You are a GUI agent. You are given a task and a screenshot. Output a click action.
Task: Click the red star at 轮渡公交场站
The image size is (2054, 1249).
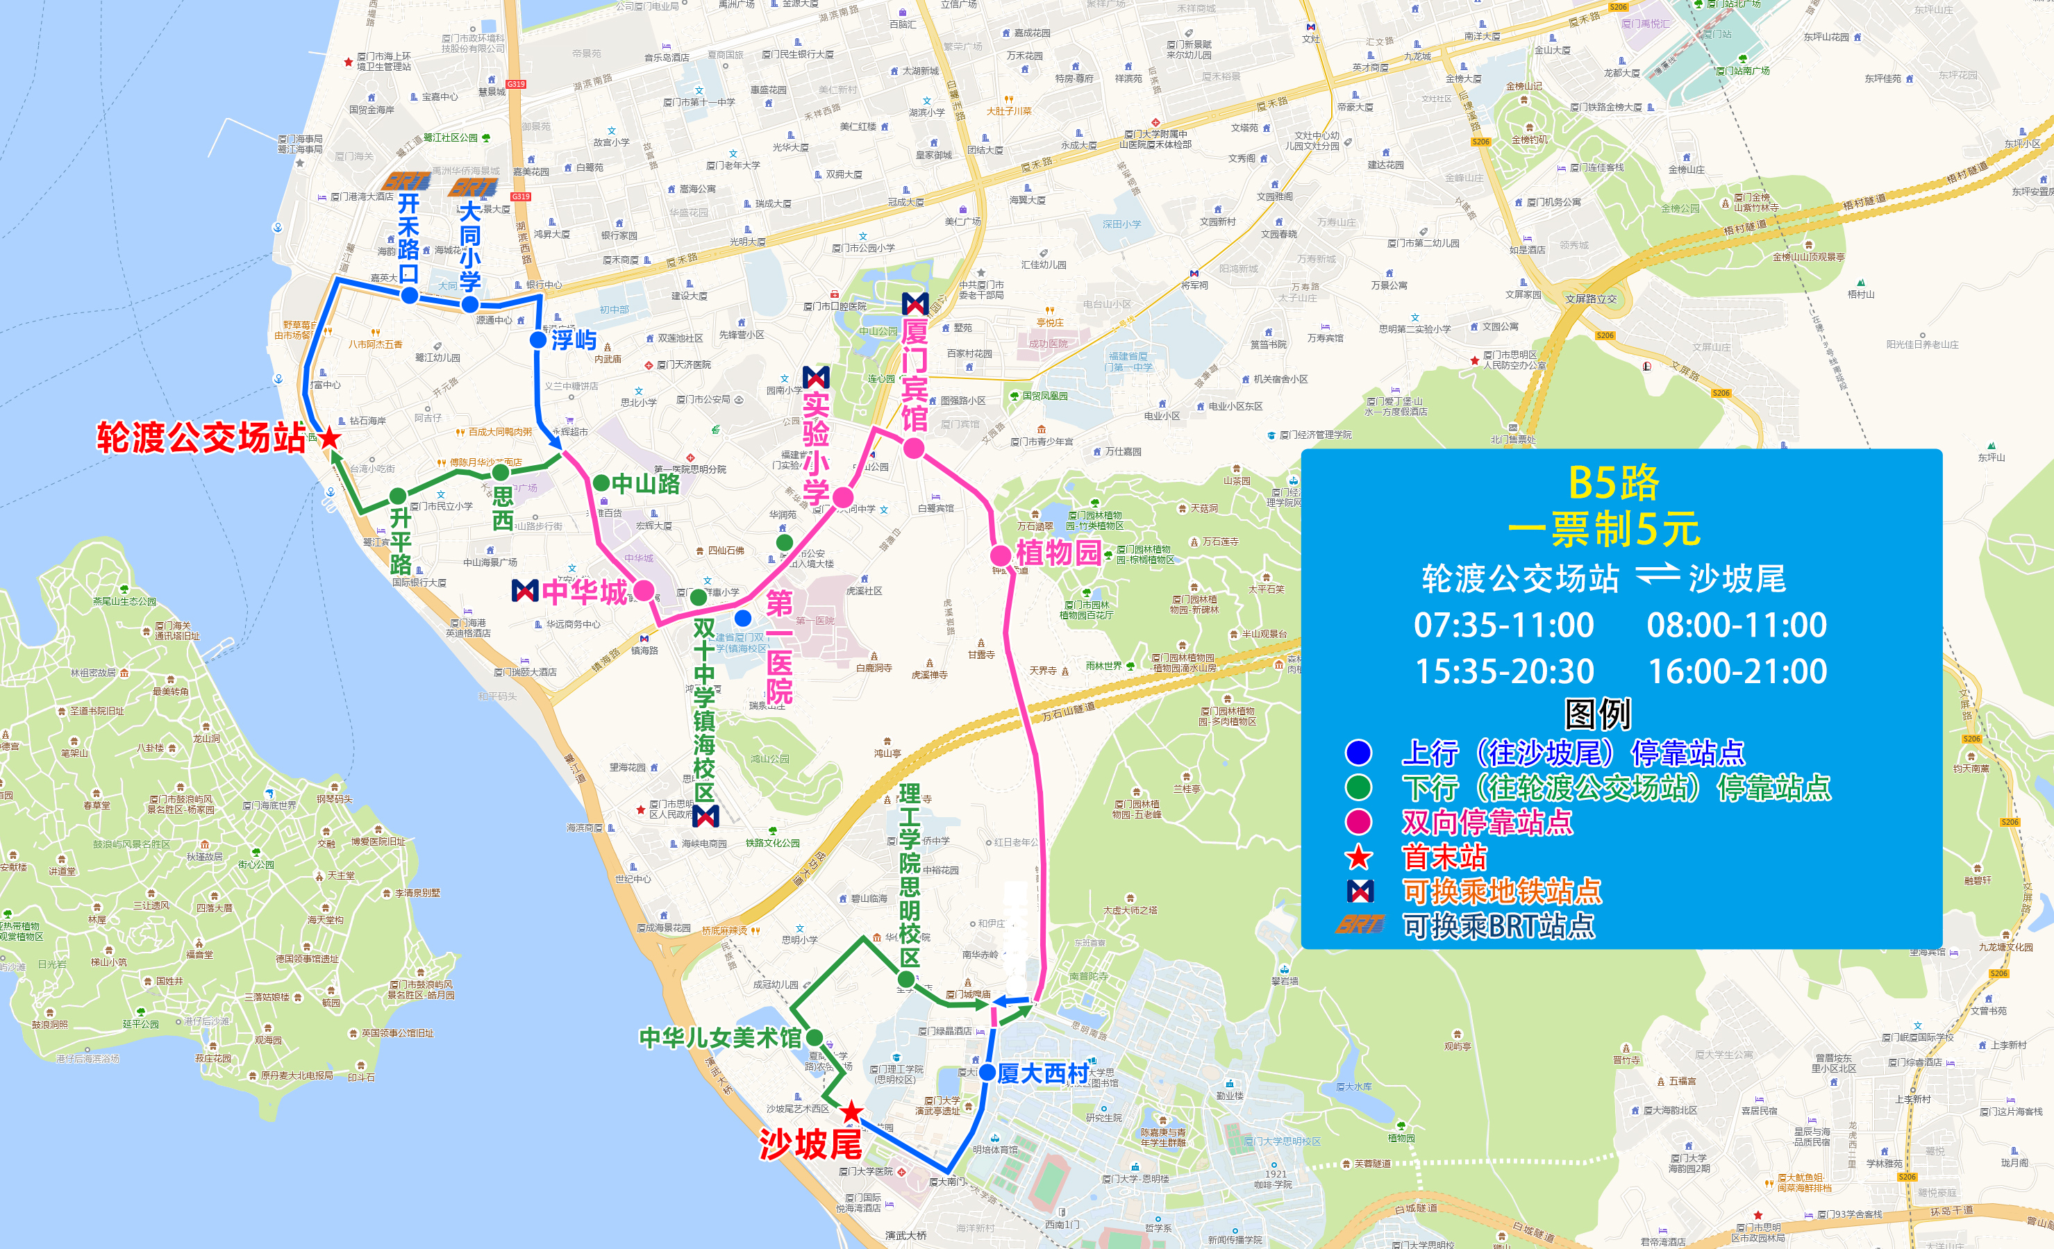330,437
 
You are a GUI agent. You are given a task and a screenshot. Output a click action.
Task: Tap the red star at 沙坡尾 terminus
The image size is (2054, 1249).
851,1112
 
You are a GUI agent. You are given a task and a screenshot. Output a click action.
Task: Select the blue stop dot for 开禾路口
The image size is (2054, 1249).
408,296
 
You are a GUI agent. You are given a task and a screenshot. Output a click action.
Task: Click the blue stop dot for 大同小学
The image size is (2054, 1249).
470,304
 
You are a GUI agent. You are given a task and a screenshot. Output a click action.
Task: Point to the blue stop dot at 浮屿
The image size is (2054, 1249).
537,340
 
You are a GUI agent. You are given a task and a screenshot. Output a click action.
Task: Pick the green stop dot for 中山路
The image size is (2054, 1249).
600,483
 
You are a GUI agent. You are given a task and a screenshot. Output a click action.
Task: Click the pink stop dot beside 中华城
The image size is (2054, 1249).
644,591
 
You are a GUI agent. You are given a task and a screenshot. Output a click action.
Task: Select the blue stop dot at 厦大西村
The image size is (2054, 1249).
987,1073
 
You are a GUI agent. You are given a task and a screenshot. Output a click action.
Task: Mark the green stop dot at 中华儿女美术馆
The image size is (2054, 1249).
815,1037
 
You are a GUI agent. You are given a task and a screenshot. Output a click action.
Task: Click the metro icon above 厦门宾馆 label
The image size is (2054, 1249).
915,303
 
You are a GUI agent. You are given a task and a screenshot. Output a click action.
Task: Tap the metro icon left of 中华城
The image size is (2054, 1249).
524,592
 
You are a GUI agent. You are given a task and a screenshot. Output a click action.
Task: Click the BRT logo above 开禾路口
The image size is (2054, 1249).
406,181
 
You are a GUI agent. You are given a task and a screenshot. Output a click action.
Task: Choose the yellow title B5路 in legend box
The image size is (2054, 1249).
1614,483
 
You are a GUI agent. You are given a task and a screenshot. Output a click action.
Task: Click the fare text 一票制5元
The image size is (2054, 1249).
1604,529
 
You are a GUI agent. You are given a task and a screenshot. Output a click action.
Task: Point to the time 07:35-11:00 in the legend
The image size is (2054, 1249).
1504,625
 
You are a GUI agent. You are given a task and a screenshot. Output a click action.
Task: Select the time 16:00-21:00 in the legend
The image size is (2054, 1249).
1738,671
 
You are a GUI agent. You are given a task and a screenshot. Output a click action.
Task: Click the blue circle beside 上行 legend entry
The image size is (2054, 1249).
1359,753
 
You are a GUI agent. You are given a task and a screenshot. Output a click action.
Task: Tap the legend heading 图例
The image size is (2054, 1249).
1597,714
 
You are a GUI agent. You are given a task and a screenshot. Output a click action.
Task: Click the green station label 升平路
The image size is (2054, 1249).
401,542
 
